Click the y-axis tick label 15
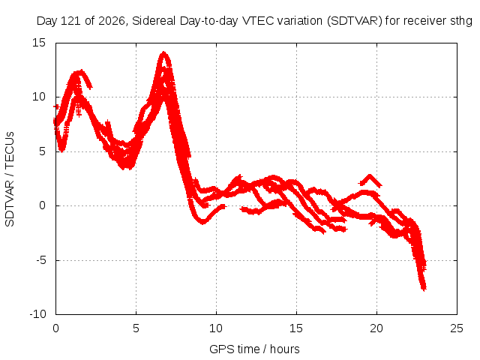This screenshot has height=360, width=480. pos(39,43)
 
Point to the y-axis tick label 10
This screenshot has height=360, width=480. pos(39,97)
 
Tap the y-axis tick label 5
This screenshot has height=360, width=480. pos(42,151)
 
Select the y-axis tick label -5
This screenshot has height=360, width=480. pos(40,260)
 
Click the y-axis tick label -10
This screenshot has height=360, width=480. pos(37,314)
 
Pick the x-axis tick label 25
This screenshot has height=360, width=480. pos(457,328)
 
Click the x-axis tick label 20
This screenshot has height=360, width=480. pos(376,328)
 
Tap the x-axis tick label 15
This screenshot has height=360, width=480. pos(296,328)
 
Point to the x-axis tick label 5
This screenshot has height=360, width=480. pos(136,328)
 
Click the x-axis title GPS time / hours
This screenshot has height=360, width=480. pos(254,349)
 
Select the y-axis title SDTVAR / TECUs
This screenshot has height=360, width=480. pos(10,179)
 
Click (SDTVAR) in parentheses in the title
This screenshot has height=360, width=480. pos(355,21)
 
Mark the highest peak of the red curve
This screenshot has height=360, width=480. pos(164,53)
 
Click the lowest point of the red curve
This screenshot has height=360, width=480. pos(424,289)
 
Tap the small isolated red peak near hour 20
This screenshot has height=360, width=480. pos(370,176)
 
